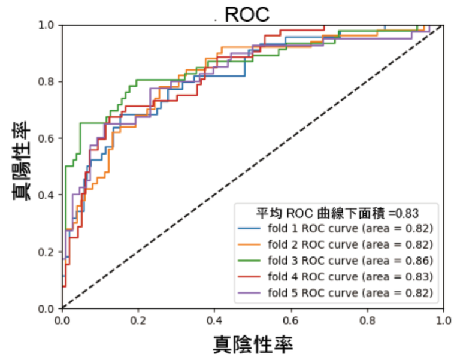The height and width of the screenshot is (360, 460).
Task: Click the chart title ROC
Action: point(247,14)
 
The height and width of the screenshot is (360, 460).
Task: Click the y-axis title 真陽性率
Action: point(22,161)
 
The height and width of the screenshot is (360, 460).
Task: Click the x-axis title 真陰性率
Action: point(253,344)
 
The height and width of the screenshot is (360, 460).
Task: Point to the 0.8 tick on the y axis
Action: point(46,81)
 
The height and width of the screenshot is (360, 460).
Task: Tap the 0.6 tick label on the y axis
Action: point(46,138)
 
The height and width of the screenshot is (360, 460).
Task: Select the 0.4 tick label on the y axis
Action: point(46,195)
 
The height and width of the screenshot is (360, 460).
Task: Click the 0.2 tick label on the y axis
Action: point(46,252)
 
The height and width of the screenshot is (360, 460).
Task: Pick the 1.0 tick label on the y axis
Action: point(46,25)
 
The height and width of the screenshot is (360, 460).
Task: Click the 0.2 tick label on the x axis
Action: point(138,320)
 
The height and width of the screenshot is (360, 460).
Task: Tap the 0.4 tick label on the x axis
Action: point(214,320)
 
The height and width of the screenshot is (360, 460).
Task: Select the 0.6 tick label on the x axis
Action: point(290,320)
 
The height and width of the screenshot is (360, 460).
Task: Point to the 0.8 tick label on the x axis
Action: point(367,320)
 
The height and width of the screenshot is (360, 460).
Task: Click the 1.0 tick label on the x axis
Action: point(444,320)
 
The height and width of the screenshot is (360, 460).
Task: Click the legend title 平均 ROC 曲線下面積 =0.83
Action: point(337,213)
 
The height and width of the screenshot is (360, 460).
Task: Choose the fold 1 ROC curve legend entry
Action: point(336,228)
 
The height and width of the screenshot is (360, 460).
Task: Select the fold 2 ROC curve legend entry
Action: point(336,244)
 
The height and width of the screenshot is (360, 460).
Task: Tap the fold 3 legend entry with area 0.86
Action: point(336,261)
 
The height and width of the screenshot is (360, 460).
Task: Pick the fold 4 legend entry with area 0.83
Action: point(336,277)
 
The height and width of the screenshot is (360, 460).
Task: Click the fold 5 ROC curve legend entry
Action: point(336,293)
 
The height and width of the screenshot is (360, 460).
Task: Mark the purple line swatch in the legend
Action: point(249,293)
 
